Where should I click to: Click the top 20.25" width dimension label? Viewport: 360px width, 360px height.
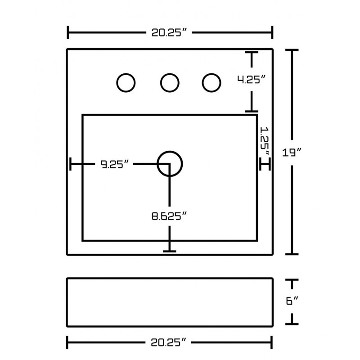pos(170,33)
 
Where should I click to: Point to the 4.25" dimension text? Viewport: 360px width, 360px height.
pos(251,80)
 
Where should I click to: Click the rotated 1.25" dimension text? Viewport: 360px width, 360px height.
pos(265,140)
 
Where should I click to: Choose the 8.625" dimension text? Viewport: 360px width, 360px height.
pos(169,216)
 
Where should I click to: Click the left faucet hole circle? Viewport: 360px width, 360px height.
pos(126,82)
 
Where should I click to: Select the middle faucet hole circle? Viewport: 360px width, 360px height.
pos(170,82)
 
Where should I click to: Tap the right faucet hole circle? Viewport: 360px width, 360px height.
pos(211,82)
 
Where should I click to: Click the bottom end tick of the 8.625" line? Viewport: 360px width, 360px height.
pos(169,250)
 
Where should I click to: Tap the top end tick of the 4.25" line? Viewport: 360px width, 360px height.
pos(251,53)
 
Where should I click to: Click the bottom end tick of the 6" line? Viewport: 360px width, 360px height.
pos(292,323)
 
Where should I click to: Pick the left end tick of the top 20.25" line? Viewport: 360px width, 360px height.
pos(68,33)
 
